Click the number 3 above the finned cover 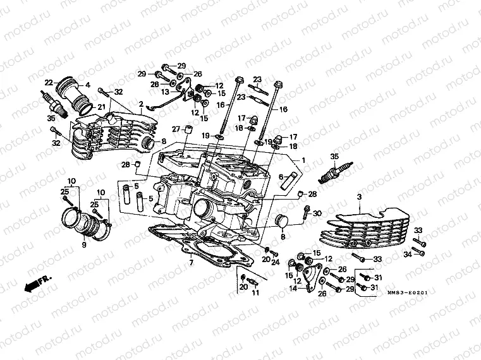(358, 198)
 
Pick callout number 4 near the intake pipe (87, 85)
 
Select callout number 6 (280, 177)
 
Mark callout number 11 (256, 294)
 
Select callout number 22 (48, 82)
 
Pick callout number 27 (177, 130)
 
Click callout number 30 (317, 213)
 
